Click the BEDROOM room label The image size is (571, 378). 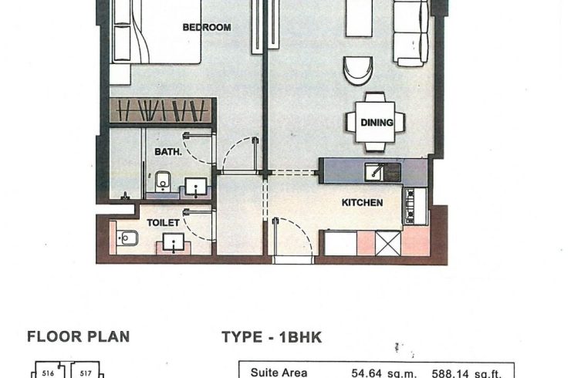[x=206, y=28]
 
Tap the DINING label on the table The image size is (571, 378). [x=377, y=122]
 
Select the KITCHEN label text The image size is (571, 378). [x=363, y=203]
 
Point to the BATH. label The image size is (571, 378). [x=167, y=152]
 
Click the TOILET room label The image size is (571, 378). [x=164, y=223]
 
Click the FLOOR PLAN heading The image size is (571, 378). [x=78, y=336]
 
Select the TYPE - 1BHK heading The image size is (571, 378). [x=271, y=337]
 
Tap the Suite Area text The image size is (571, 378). [x=279, y=373]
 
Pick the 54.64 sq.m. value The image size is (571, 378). [x=383, y=373]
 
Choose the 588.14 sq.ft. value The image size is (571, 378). [x=470, y=373]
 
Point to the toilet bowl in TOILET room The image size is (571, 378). [x=124, y=239]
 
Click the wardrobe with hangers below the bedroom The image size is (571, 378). [x=161, y=110]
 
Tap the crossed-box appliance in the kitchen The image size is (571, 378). [x=387, y=243]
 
